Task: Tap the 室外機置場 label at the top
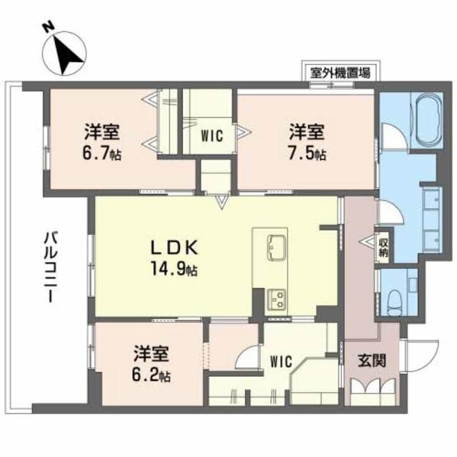pyautogui.click(x=340, y=71)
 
